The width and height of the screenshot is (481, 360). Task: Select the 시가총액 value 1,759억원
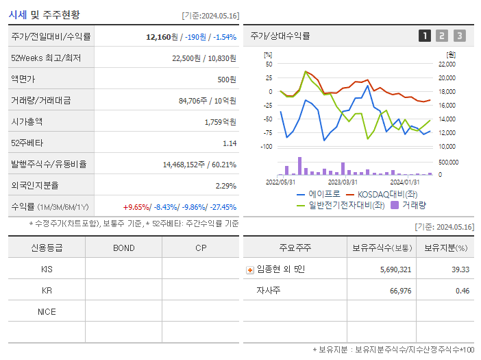(220, 122)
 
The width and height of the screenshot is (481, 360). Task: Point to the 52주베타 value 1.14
(230, 143)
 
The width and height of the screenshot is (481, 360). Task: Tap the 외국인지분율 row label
(35, 186)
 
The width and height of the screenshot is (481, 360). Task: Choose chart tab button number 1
(425, 36)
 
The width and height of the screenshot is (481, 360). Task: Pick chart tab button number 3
(459, 36)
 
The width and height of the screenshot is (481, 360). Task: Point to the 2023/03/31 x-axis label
(343, 182)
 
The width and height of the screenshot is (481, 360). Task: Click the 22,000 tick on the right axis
(447, 64)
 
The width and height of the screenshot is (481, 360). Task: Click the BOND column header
(123, 248)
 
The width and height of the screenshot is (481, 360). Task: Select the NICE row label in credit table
(47, 312)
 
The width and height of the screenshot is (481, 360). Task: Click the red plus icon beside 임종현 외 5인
(250, 270)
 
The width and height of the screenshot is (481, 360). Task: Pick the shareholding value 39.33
(460, 270)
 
